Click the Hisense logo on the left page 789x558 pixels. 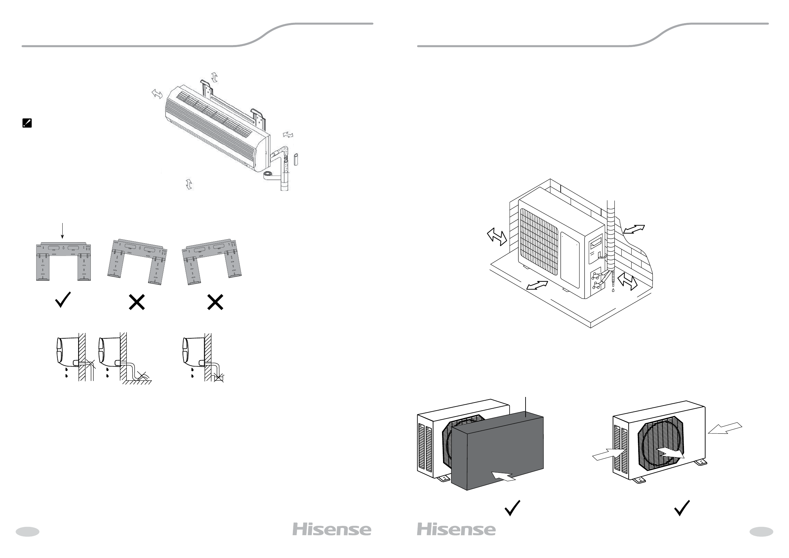pyautogui.click(x=332, y=530)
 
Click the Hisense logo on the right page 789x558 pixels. pyautogui.click(x=456, y=530)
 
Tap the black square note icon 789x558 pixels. pyautogui.click(x=27, y=123)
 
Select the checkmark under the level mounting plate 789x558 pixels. pyautogui.click(x=63, y=300)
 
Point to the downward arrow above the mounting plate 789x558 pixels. pyautogui.click(x=62, y=231)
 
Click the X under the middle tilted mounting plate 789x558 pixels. pyautogui.click(x=137, y=303)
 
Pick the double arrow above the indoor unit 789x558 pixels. pyautogui.click(x=214, y=77)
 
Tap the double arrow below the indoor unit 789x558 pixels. pyautogui.click(x=189, y=184)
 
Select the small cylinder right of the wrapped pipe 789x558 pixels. pyautogui.click(x=296, y=160)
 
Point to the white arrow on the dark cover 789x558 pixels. pyautogui.click(x=503, y=476)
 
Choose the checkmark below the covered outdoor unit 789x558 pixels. pyautogui.click(x=512, y=508)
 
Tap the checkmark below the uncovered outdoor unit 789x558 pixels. pyautogui.click(x=682, y=508)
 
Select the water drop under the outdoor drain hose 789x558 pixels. pyautogui.click(x=613, y=290)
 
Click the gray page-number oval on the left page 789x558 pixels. pyautogui.click(x=28, y=532)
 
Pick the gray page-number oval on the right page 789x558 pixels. pyautogui.click(x=761, y=532)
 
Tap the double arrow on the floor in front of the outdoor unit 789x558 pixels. pyautogui.click(x=537, y=285)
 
